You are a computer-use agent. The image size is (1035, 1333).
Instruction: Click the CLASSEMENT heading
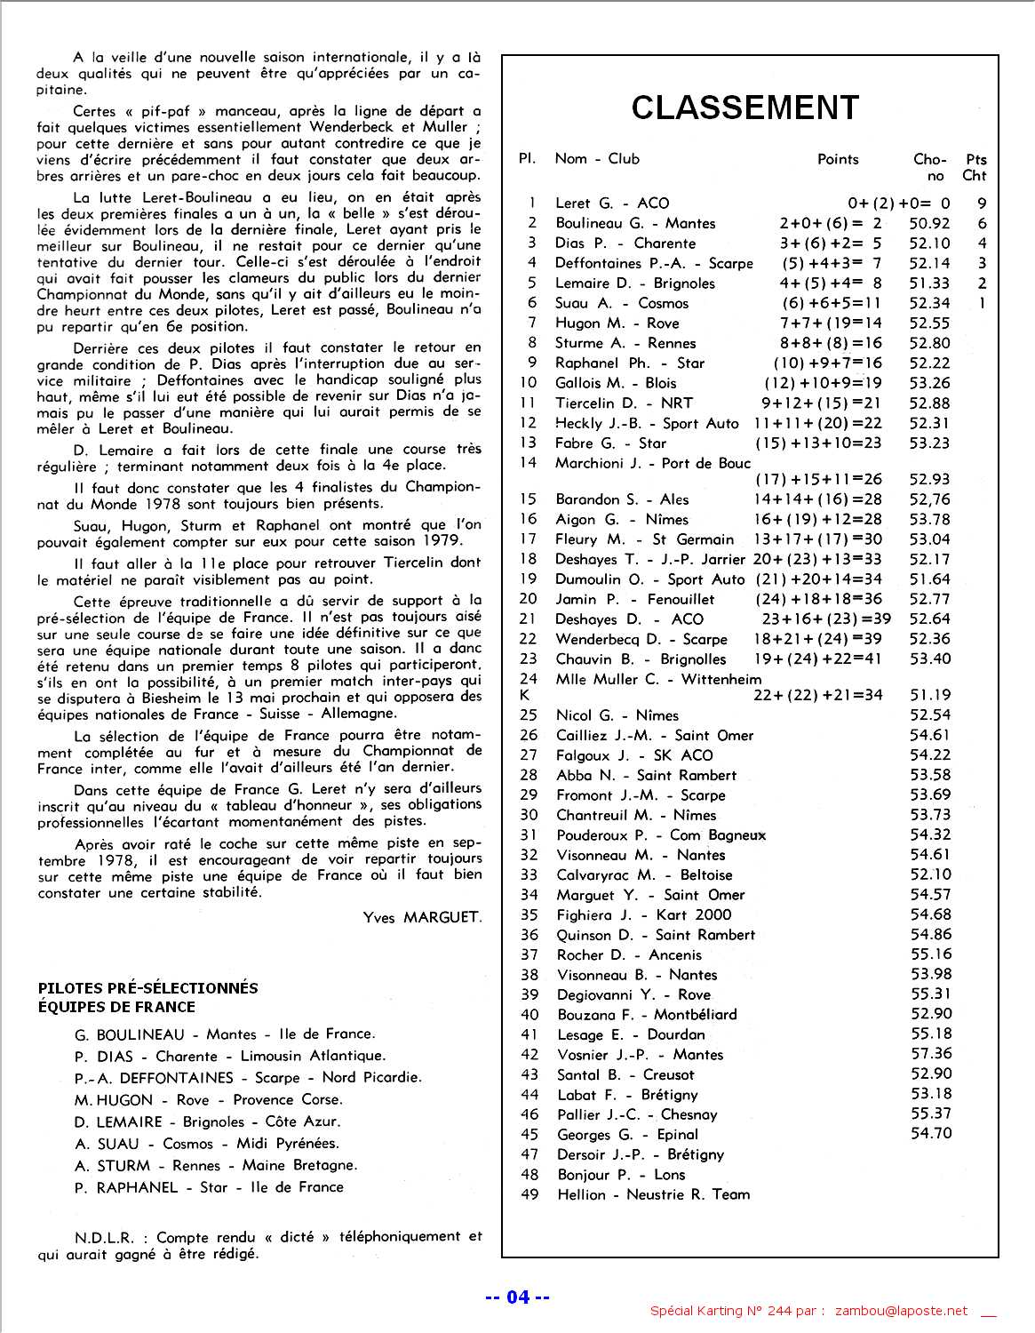(744, 108)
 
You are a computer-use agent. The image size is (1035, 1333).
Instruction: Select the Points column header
(838, 159)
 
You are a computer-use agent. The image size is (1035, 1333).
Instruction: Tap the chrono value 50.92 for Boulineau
(929, 223)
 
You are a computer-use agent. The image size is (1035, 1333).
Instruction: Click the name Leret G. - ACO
(612, 204)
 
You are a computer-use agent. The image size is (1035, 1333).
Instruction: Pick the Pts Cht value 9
(982, 204)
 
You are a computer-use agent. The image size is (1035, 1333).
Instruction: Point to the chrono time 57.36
(930, 1054)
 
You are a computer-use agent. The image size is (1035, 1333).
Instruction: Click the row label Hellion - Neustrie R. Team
(653, 1194)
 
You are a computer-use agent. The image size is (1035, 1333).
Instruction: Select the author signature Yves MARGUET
(422, 917)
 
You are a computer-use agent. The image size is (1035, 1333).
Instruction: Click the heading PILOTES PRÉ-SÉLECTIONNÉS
(147, 988)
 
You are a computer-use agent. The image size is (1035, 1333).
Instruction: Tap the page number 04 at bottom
(517, 1297)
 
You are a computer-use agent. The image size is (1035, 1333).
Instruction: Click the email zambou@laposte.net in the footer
(901, 1311)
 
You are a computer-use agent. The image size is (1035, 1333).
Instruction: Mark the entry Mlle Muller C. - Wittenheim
(657, 679)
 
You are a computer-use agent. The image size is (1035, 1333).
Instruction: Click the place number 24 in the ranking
(529, 679)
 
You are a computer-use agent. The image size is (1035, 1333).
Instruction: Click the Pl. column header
(527, 159)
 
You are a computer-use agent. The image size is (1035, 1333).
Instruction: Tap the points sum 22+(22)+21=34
(817, 695)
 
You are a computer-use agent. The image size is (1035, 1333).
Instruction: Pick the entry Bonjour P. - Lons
(621, 1174)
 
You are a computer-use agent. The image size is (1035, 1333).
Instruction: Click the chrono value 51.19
(929, 695)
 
